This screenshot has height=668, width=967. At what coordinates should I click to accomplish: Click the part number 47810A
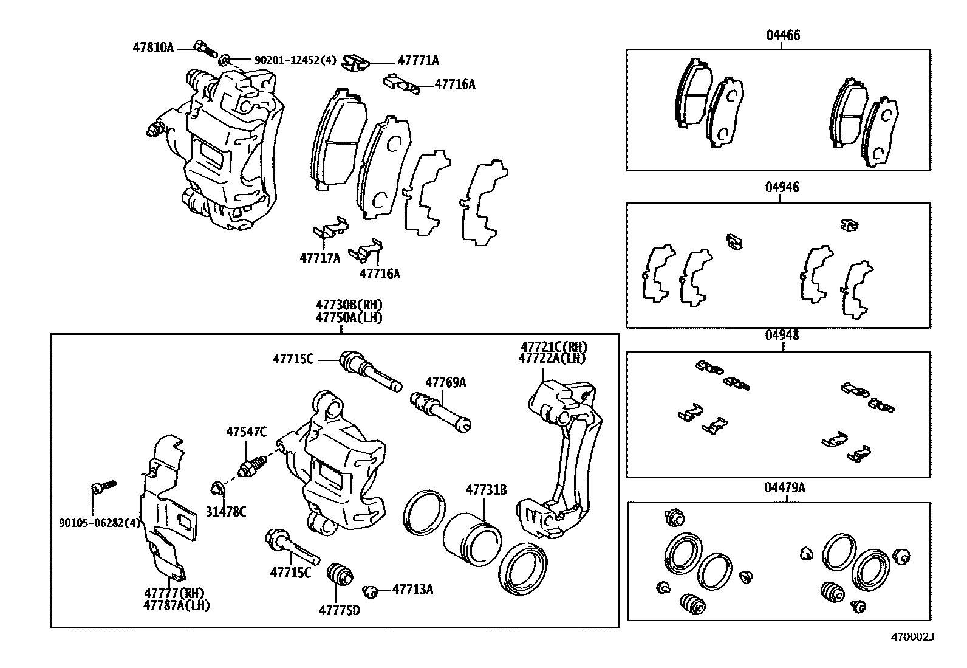coord(153,47)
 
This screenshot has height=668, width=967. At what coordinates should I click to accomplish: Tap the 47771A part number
coord(418,60)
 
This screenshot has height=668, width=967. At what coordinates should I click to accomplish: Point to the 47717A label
coord(319,258)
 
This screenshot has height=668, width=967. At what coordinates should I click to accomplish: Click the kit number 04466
coord(782,35)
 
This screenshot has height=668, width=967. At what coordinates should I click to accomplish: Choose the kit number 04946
coord(782,187)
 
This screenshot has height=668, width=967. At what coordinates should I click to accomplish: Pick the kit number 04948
coord(782,335)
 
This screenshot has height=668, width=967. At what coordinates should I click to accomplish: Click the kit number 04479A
coord(785,487)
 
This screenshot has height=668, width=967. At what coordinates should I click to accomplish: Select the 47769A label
coord(445,382)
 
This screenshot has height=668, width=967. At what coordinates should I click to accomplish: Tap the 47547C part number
coord(246,432)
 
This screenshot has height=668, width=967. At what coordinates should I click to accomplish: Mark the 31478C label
coord(225,512)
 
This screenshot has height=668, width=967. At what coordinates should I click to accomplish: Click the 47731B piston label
coord(486,489)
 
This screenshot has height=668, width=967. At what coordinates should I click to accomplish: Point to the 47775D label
coord(339,610)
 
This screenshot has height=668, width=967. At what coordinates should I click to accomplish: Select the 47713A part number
coord(412,588)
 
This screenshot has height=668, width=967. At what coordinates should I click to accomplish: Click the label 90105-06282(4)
coord(100,523)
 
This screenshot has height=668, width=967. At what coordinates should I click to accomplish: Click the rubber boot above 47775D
coord(340,574)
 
